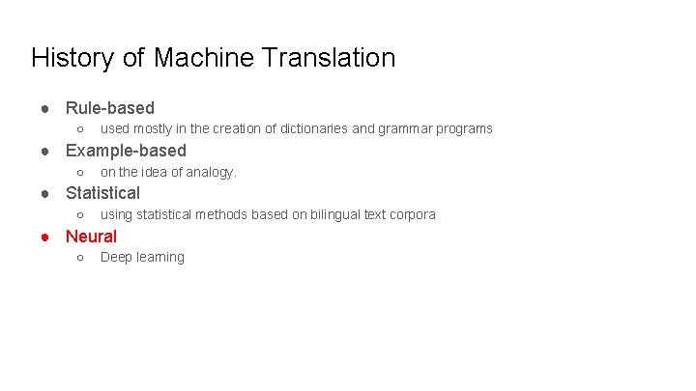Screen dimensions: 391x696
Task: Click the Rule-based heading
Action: coord(109,108)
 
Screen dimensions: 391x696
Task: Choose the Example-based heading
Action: coord(126,151)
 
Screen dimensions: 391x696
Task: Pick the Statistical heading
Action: coord(102,193)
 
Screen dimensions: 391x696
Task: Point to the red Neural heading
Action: coord(91,237)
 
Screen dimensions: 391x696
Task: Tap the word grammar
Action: coord(405,128)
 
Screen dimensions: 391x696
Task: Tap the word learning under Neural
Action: coord(159,258)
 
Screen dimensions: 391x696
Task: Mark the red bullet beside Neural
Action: coord(44,237)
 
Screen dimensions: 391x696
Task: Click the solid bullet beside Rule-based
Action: coord(44,108)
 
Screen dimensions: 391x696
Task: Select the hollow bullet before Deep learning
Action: coord(79,258)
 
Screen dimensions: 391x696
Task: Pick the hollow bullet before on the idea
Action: coord(79,173)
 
